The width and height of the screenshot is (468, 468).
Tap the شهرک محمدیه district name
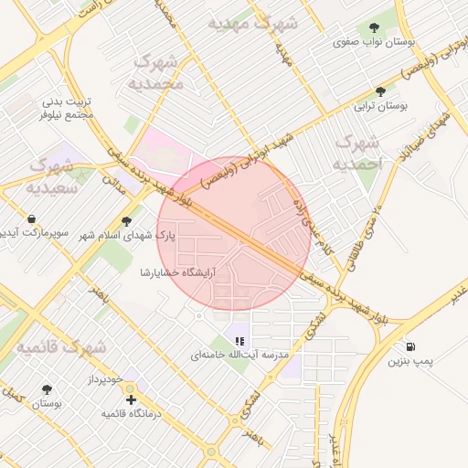pyautogui.click(x=159, y=72)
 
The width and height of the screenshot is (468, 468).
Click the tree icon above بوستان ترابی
pyautogui.click(x=381, y=91)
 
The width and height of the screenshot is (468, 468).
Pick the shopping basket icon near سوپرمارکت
pyautogui.click(x=32, y=219)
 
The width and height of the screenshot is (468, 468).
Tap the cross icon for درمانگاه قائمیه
pyautogui.click(x=132, y=399)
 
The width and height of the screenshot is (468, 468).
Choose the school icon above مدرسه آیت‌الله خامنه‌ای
pyautogui.click(x=239, y=340)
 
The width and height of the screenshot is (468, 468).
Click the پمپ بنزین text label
pyautogui.click(x=409, y=362)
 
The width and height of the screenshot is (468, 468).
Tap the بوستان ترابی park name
pyautogui.click(x=381, y=106)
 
